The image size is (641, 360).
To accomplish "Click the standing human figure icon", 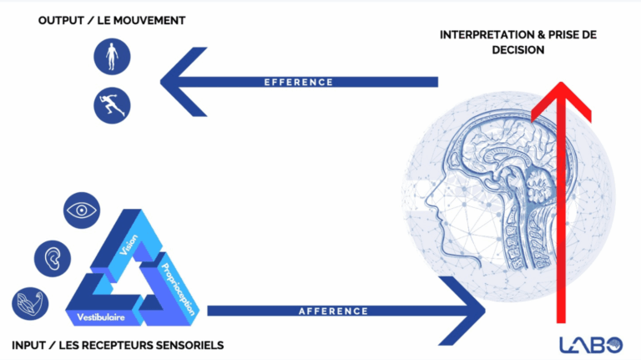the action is pos(112,57).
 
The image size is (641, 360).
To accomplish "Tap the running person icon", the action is pos(112,105).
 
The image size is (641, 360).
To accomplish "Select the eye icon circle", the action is pos(82,210).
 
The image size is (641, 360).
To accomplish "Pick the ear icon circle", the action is pos(53,259).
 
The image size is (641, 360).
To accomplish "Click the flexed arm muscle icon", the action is pos(30,303).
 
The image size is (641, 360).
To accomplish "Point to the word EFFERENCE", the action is pos(299,82).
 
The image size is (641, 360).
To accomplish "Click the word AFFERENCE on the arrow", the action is pos(334,312).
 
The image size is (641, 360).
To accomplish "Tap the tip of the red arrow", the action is pos(561,82).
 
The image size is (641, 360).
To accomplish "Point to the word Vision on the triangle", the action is pos(129,245).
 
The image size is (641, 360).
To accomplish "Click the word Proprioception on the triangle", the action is pos(179,289).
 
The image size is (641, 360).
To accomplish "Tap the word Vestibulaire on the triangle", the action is pos(101,317).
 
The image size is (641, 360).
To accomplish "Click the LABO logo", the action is pos(591,345).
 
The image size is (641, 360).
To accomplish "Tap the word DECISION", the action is pos(518,50).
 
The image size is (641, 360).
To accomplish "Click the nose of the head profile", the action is pos(427,201).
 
